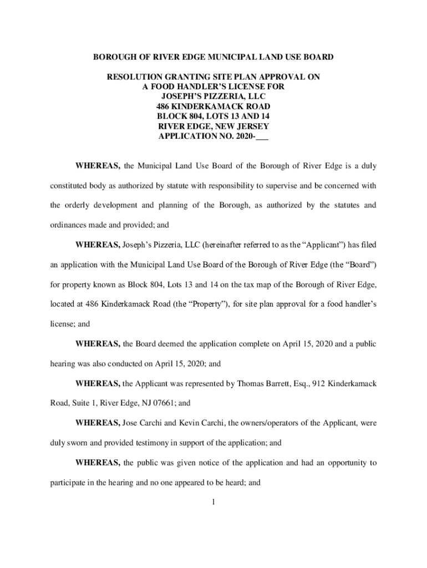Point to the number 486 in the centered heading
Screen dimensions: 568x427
[164, 106]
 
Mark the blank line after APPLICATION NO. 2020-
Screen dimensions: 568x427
[262, 136]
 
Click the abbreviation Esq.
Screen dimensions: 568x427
[300, 383]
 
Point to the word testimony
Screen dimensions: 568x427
[145, 443]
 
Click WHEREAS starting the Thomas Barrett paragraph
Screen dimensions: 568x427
[98, 383]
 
